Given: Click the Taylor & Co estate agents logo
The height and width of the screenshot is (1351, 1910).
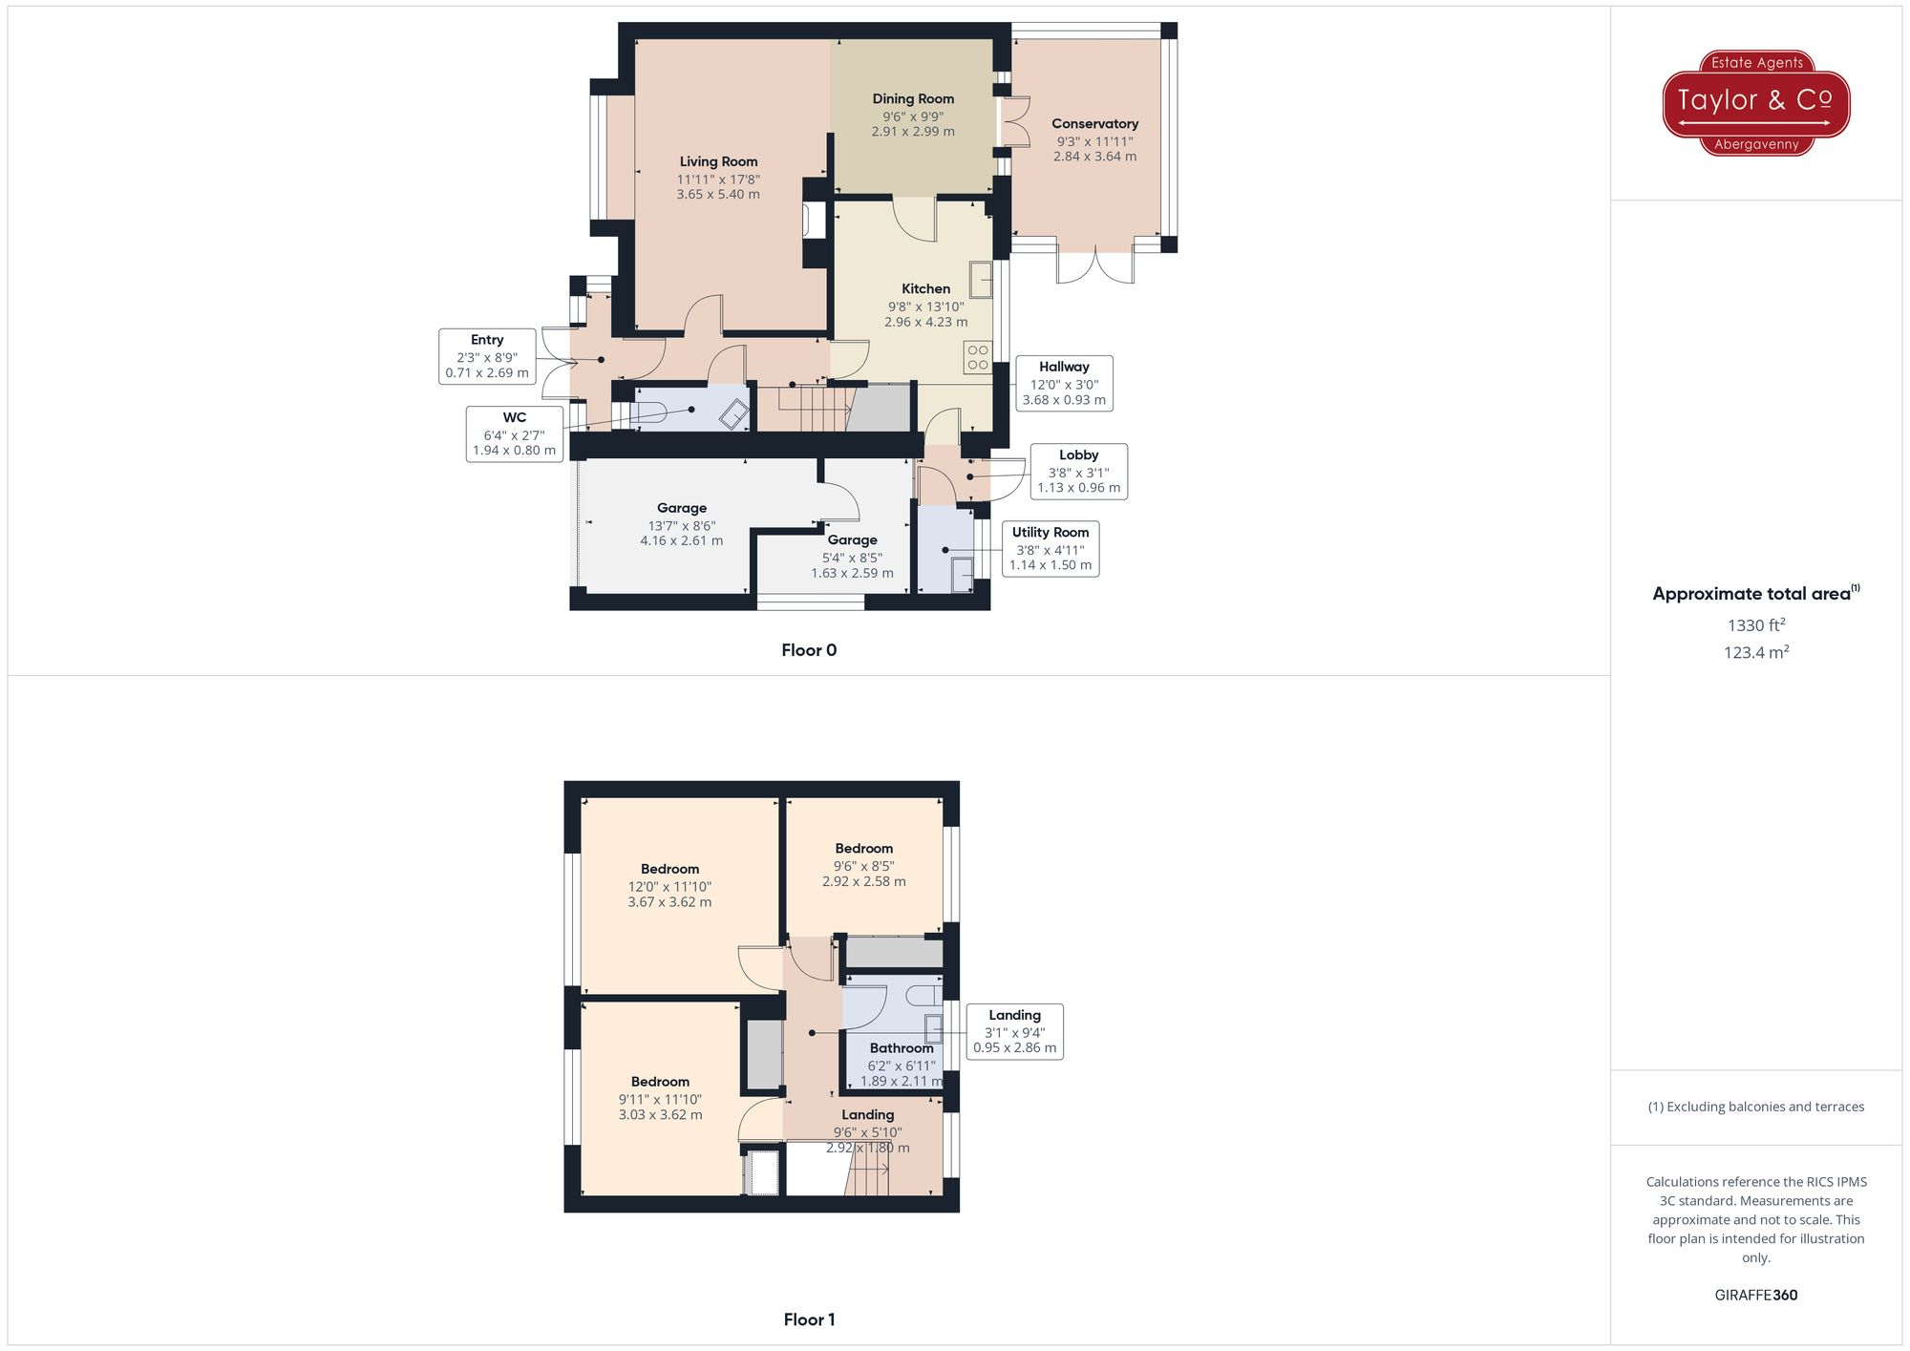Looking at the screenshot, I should [x=1755, y=102].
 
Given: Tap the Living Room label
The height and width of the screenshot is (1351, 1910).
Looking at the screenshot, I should [x=718, y=162].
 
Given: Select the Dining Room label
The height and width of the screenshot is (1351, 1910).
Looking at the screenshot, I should [x=913, y=99].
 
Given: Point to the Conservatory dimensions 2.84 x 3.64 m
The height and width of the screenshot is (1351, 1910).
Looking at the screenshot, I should [x=1094, y=157].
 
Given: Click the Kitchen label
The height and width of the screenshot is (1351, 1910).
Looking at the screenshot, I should [x=925, y=289].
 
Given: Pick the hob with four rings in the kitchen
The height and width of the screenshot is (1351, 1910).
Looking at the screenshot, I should [x=978, y=357].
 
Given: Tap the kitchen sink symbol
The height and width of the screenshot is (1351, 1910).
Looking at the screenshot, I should [x=981, y=280].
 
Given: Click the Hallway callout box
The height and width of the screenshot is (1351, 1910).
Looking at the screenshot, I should [x=1064, y=383].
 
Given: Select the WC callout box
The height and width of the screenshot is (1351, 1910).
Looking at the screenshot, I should [x=515, y=433].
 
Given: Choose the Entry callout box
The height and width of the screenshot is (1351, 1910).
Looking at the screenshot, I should [x=487, y=356].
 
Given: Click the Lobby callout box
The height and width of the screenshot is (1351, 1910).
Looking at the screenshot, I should [x=1078, y=471].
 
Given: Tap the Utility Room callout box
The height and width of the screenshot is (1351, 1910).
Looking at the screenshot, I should [x=1050, y=548].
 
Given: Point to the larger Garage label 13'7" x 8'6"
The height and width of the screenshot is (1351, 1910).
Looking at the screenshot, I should [x=681, y=509].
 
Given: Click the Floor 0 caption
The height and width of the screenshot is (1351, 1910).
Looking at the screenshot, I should [x=809, y=650].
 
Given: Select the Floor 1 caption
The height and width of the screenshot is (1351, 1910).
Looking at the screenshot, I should [x=809, y=1319].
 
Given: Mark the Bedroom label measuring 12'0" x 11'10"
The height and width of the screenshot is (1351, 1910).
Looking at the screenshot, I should [x=669, y=870].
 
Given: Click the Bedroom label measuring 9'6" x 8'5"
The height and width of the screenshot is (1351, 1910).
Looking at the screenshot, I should [x=863, y=849].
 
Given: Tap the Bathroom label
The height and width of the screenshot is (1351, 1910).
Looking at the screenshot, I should [x=901, y=1048].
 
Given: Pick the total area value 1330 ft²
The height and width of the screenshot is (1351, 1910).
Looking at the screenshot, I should [x=1755, y=625].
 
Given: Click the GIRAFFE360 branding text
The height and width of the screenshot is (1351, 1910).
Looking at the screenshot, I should [x=1755, y=1296].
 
